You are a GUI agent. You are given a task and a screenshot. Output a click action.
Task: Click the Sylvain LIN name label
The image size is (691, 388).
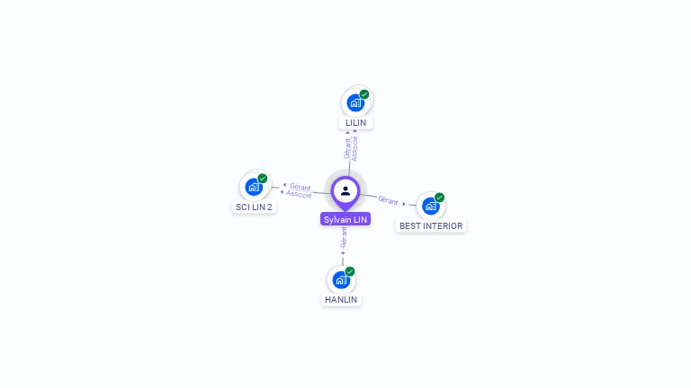(x=345, y=219)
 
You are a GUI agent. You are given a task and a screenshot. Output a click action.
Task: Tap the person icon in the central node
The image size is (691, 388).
(x=345, y=191)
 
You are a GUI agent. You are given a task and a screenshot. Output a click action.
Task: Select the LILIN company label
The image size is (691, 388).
(x=355, y=122)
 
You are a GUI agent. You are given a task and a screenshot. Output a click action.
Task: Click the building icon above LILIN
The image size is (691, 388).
(x=354, y=102)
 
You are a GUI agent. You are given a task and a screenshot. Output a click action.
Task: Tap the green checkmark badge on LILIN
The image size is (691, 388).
(x=364, y=93)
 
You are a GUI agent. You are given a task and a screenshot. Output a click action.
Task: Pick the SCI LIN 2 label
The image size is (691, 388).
(x=254, y=207)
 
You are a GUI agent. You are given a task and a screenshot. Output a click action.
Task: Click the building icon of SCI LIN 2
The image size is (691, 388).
(x=253, y=187)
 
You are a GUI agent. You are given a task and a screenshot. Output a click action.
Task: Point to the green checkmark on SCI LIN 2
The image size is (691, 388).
(x=263, y=178)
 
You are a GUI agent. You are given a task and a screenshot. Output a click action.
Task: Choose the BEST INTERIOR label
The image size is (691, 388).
(x=431, y=226)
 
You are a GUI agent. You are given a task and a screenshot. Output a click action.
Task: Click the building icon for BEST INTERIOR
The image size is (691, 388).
(x=430, y=207)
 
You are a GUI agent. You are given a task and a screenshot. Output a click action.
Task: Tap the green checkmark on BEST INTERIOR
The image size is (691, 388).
(x=440, y=198)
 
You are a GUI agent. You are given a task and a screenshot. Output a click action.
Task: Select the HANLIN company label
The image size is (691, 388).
(x=341, y=299)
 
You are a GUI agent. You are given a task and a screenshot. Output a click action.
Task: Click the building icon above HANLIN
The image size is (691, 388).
(x=340, y=279)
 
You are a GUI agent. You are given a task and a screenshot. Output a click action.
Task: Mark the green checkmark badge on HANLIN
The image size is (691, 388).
(x=350, y=271)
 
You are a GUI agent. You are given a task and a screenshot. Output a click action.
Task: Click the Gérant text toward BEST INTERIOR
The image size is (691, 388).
(x=389, y=200)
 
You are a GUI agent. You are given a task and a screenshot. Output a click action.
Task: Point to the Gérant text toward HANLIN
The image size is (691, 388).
(x=343, y=238)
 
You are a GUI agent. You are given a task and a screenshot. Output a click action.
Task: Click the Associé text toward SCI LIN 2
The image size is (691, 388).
(x=300, y=194)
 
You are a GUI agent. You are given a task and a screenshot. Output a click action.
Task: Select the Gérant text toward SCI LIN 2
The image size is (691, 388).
(x=301, y=187)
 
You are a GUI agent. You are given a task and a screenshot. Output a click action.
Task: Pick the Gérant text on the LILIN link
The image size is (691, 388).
(x=347, y=148)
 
